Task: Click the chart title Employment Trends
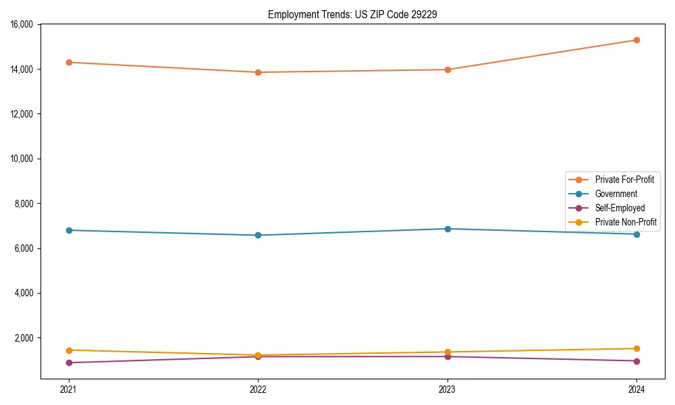[x=352, y=14]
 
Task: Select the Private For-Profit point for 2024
[x=637, y=40]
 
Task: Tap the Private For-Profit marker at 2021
[x=69, y=62]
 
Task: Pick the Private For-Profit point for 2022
[x=258, y=72]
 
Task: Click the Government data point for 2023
[x=448, y=229]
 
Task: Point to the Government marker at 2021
[x=69, y=230]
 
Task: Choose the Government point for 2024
[x=637, y=234]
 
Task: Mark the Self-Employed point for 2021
[x=69, y=362]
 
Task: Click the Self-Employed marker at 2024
[x=637, y=361]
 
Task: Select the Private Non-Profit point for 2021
[x=69, y=350]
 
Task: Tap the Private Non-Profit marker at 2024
[x=637, y=348]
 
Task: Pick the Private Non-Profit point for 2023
[x=448, y=352]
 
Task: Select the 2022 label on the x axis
[x=258, y=389]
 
